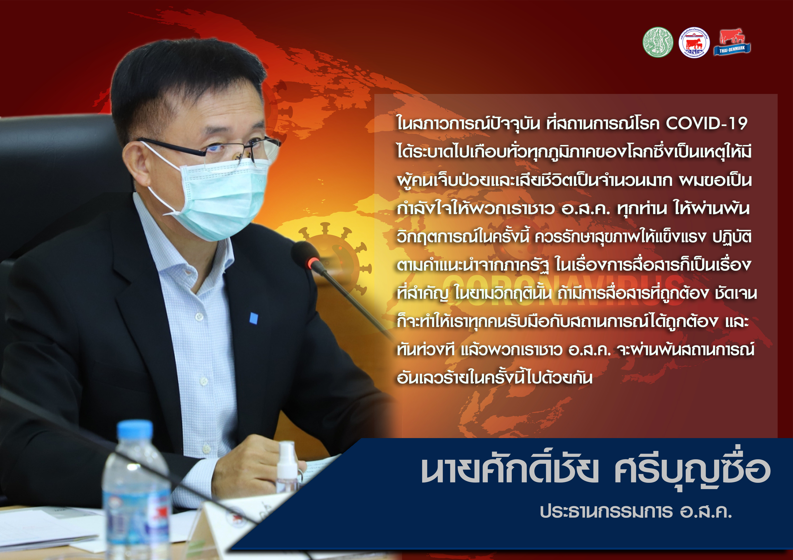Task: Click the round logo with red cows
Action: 694,42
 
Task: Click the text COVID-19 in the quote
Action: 707,123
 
